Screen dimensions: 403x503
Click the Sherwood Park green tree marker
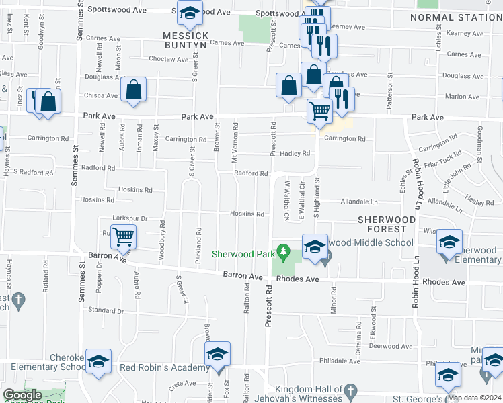[284, 253]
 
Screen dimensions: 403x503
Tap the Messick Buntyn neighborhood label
[186, 40]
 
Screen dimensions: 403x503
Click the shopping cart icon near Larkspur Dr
[124, 236]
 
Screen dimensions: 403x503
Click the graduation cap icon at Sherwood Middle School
[315, 247]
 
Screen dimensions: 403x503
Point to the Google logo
[23, 395]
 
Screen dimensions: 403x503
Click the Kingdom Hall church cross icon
[350, 390]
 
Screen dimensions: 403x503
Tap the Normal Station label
[455, 17]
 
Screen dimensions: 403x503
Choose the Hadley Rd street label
[295, 153]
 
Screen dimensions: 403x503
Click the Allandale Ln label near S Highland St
[360, 201]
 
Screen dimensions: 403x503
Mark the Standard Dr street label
[102, 310]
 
